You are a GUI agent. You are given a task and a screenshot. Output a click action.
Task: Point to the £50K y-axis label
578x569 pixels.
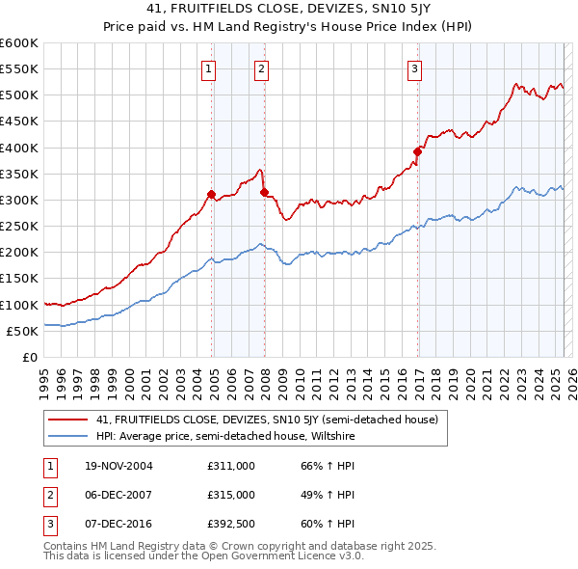coord(22,331)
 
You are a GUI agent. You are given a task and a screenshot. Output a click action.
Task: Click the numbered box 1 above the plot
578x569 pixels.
coord(209,68)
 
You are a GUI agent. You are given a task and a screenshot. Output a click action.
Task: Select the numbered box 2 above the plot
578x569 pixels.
coord(261,68)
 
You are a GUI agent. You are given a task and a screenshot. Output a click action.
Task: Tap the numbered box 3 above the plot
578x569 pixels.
coord(414,68)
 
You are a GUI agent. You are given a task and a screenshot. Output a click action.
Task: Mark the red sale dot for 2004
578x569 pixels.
coord(211,194)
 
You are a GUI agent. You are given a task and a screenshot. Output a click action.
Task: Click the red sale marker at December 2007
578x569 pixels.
coord(263,192)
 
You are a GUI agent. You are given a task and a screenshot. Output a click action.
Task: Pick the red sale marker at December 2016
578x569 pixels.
coord(417,151)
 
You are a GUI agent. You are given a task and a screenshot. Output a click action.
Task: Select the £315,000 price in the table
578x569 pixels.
coord(231,495)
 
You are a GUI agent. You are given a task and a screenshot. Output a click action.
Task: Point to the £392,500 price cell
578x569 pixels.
coord(231,524)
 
